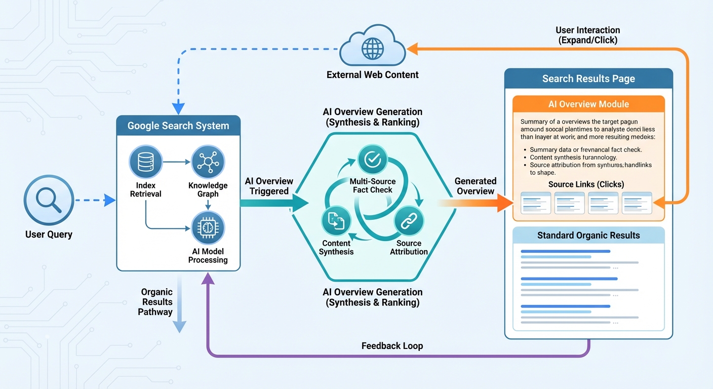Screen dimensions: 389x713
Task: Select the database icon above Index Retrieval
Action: pyautogui.click(x=145, y=162)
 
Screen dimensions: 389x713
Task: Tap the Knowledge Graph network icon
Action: pyautogui.click(x=208, y=162)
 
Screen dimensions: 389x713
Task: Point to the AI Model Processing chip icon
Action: pyautogui.click(x=208, y=228)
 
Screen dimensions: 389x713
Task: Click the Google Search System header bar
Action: pyautogui.click(x=178, y=126)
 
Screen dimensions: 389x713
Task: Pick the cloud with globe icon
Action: pyautogui.click(x=373, y=49)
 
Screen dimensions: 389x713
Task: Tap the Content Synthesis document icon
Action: pyautogui.click(x=336, y=221)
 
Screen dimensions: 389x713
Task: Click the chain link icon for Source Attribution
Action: pyautogui.click(x=409, y=221)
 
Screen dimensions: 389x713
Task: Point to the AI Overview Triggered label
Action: pyautogui.click(x=268, y=186)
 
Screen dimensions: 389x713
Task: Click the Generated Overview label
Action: pyautogui.click(x=475, y=186)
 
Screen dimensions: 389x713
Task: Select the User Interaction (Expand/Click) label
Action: pyautogui.click(x=587, y=35)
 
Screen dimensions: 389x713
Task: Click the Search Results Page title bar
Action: pyautogui.click(x=588, y=79)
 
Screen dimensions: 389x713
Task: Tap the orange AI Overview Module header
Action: pyautogui.click(x=588, y=104)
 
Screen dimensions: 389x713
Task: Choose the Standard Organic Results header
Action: pyautogui.click(x=588, y=236)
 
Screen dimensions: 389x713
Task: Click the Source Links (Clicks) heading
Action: pyautogui.click(x=586, y=184)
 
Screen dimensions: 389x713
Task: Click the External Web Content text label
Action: pyautogui.click(x=373, y=75)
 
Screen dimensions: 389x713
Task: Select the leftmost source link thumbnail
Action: pyautogui.click(x=536, y=203)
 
